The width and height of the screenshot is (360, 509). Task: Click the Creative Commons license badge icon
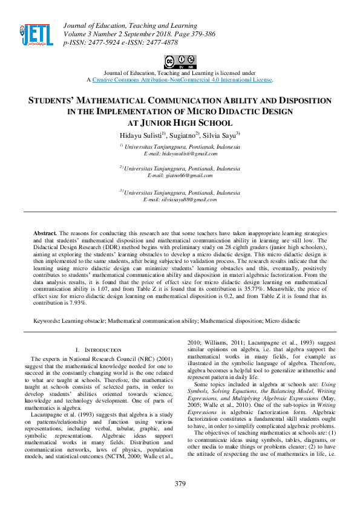click(x=180, y=61)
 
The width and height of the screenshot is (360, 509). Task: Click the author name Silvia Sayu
click(x=221, y=134)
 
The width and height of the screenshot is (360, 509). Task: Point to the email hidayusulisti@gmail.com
click(x=180, y=154)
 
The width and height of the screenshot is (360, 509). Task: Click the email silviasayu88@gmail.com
click(x=180, y=199)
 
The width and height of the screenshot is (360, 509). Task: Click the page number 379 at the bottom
click(x=180, y=483)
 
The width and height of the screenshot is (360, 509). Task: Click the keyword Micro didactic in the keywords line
click(x=280, y=320)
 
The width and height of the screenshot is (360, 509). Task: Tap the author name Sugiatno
click(x=185, y=134)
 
